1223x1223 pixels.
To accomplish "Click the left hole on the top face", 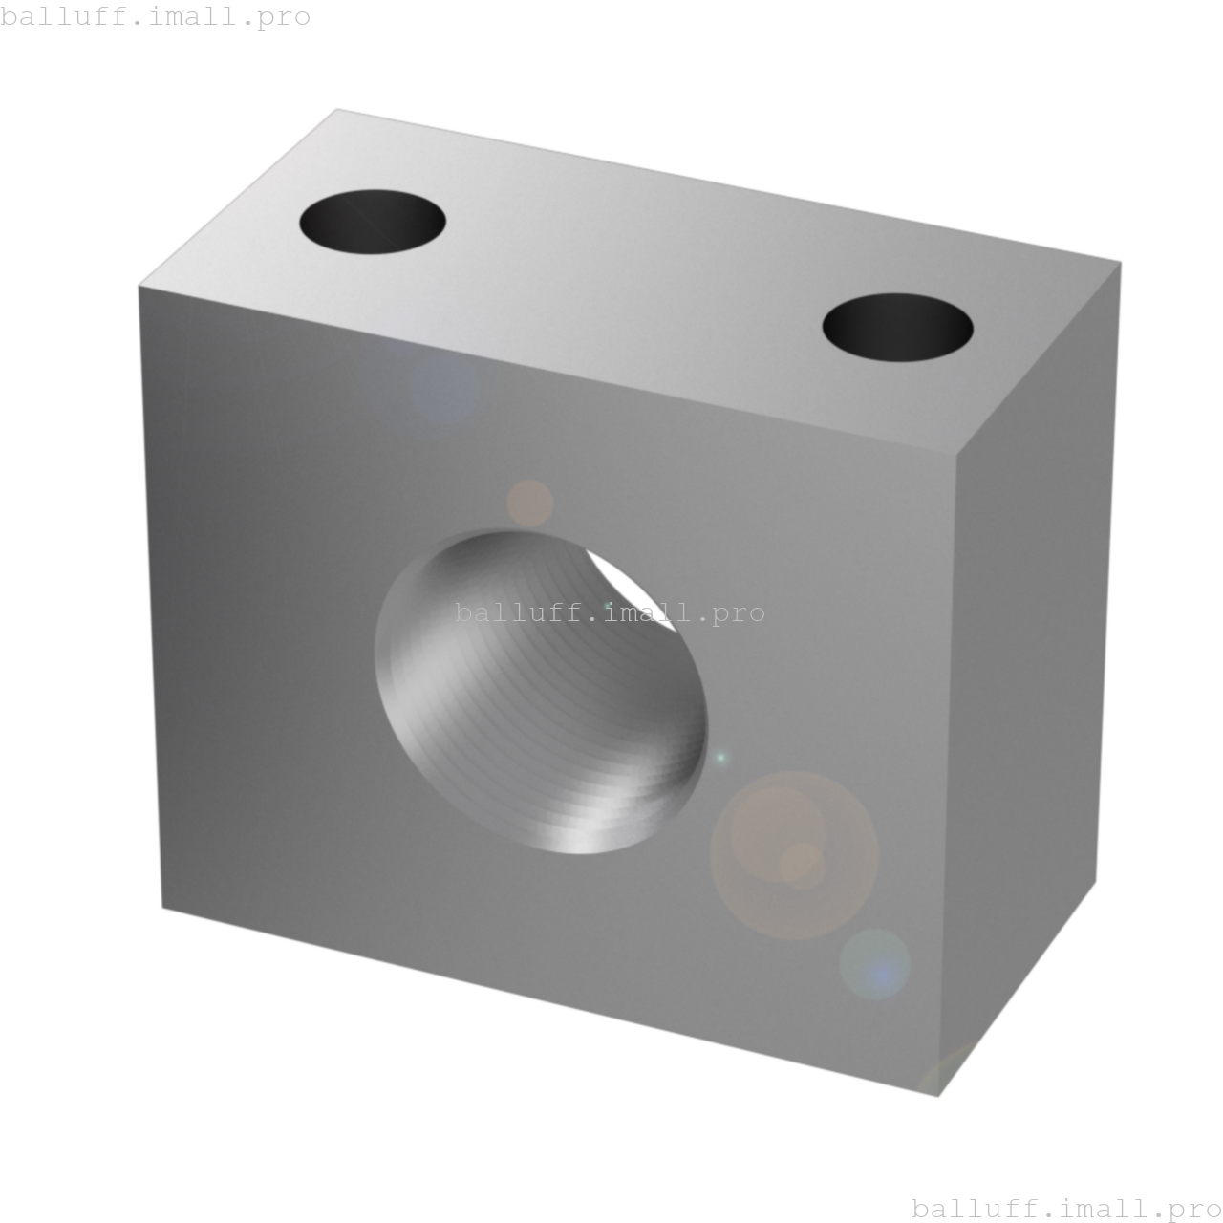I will point(373,222).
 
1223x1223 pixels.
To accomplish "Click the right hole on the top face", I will point(898,328).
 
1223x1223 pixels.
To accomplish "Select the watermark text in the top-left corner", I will point(155,17).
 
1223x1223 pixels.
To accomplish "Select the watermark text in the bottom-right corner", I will point(1066,1209).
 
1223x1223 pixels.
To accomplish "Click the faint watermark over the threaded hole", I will point(610,613).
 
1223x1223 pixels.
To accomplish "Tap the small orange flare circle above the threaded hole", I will point(529,503).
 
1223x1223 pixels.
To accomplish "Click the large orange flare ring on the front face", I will point(794,855).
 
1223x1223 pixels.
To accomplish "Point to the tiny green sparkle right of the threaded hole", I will point(721,758).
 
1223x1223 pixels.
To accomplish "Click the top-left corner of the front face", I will point(139,286).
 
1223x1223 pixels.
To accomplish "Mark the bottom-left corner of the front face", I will point(162,908).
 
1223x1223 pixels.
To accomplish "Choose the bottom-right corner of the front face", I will point(939,1096).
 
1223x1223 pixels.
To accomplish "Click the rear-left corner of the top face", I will point(338,108).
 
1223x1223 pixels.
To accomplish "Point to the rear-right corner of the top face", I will point(1121,261).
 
